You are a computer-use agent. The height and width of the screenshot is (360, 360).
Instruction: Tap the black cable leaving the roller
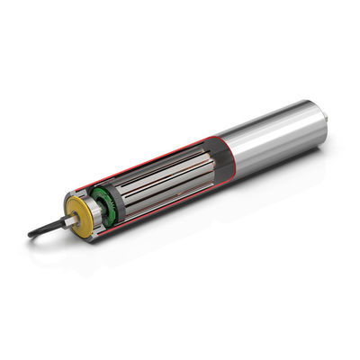[x=45, y=228]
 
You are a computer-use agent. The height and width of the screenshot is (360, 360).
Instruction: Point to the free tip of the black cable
[x=31, y=235]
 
